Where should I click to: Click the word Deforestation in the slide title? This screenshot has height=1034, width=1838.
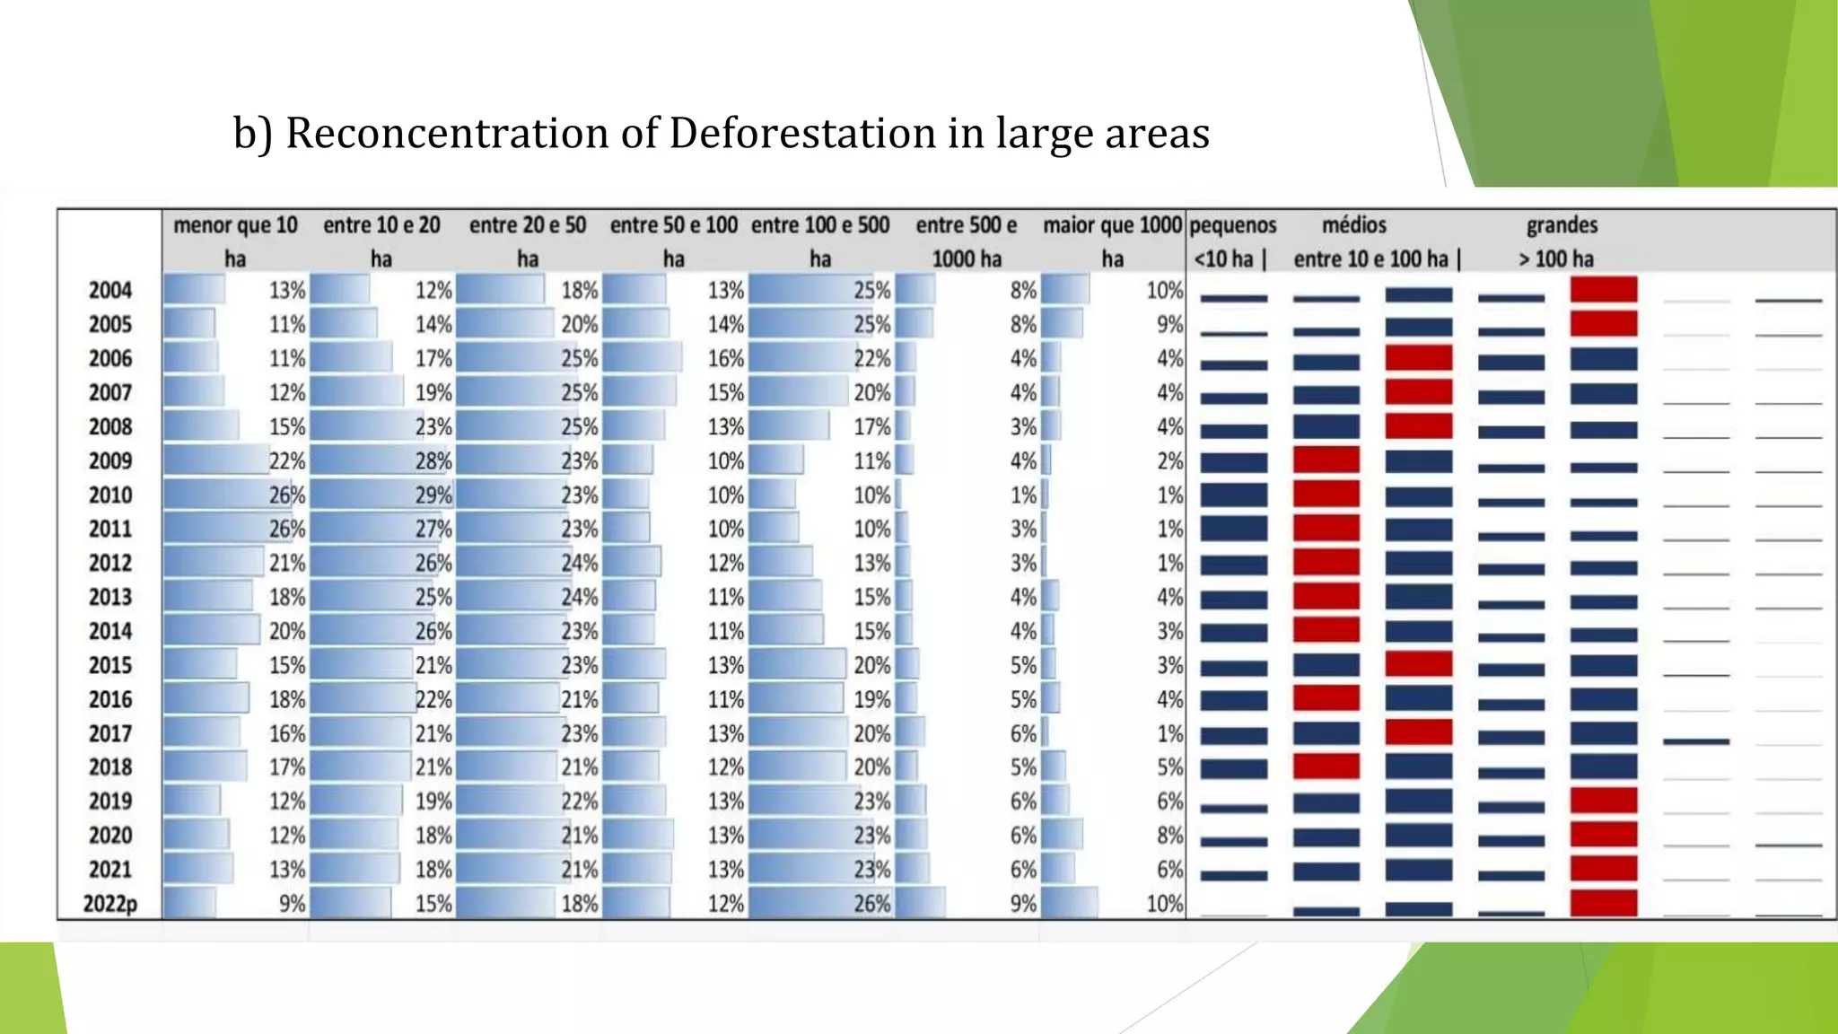click(x=801, y=134)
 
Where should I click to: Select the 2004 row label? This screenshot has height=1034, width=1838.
click(x=109, y=291)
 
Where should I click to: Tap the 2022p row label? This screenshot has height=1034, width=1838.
click(x=109, y=904)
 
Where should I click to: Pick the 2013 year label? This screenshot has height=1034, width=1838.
click(x=109, y=598)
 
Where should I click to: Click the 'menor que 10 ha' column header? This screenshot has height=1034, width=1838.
click(x=235, y=241)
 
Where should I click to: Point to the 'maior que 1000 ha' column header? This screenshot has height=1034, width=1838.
click(x=1112, y=241)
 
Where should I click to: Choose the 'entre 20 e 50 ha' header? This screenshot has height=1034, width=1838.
click(x=528, y=241)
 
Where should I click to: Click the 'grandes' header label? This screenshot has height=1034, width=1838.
click(x=1562, y=225)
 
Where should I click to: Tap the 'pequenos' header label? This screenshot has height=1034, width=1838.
click(x=1233, y=225)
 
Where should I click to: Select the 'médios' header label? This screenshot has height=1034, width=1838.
click(x=1354, y=225)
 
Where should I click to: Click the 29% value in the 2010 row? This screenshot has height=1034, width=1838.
click(x=433, y=495)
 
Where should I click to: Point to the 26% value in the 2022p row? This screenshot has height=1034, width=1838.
click(x=872, y=904)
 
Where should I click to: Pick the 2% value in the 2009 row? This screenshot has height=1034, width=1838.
click(x=1170, y=461)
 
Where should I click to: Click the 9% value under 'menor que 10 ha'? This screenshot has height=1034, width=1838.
click(x=292, y=904)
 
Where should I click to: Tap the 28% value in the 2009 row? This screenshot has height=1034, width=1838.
click(x=433, y=461)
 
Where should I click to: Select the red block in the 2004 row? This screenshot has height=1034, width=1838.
click(x=1604, y=290)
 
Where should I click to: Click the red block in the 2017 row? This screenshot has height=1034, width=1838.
click(x=1419, y=732)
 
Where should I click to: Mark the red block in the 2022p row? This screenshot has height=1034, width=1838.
click(x=1604, y=903)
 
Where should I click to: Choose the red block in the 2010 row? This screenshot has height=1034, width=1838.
click(x=1326, y=495)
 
